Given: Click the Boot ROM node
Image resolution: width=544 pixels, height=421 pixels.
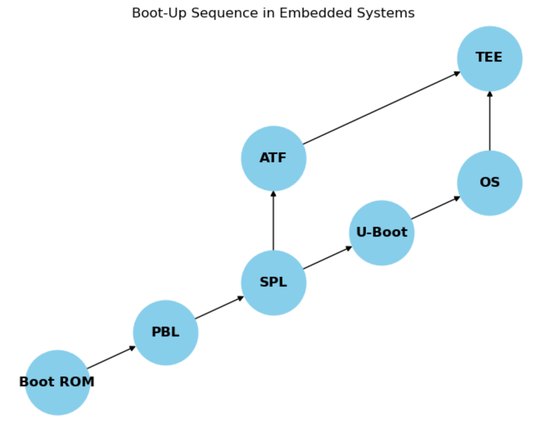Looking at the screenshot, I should point(57,382).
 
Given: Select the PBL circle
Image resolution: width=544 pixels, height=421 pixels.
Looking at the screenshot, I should point(165,332).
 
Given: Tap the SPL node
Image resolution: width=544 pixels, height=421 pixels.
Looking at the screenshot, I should point(273,282).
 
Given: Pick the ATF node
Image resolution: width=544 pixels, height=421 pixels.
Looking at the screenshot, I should point(273,158).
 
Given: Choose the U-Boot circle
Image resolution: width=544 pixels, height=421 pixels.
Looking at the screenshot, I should point(381,232).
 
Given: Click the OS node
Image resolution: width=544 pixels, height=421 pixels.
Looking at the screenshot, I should point(489,183).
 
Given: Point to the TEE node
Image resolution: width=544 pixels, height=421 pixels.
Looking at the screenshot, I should point(489,58).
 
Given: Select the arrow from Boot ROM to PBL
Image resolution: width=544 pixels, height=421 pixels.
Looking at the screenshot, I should point(111,357).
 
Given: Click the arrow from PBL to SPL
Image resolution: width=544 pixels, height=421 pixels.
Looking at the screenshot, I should point(219,308).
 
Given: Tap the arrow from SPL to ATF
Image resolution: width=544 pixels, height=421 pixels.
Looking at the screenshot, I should point(273,220).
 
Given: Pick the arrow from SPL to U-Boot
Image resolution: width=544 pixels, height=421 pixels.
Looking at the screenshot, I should point(327,257).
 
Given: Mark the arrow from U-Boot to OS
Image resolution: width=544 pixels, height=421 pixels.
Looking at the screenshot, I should point(435,208).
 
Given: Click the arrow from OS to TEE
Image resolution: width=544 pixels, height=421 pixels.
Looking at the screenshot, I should point(489,121).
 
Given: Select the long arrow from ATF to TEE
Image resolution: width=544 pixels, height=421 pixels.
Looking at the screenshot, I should point(381,108).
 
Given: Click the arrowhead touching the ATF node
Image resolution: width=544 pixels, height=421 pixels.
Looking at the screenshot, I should point(273,194).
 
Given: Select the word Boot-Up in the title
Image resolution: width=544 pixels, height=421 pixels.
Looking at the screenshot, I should point(156,13).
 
